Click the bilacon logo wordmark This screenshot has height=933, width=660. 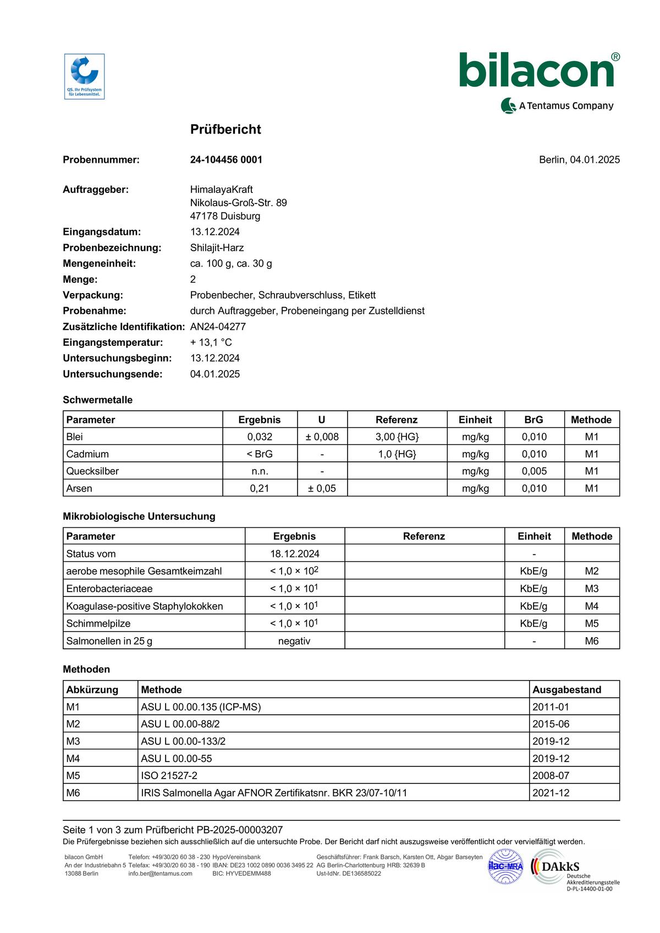(536, 70)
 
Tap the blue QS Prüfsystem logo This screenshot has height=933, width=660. (84, 76)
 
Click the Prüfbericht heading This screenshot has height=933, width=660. (226, 129)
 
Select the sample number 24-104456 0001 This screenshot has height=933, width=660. (226, 159)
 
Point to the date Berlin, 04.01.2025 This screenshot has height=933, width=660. (579, 159)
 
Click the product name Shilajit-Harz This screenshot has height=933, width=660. (217, 247)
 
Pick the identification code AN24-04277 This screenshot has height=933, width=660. (218, 327)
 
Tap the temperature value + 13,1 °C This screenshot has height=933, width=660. (211, 343)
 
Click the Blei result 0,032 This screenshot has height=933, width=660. (260, 437)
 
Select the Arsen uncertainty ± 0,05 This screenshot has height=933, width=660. (322, 488)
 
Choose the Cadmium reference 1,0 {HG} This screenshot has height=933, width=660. (397, 454)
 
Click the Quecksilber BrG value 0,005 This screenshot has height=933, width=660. (534, 471)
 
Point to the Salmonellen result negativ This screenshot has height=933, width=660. (294, 641)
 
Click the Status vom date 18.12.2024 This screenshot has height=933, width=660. (294, 554)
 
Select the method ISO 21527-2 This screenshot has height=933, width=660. (169, 776)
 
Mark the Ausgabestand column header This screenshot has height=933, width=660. (566, 689)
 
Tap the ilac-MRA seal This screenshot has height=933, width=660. (505, 866)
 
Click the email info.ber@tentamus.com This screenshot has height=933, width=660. (160, 874)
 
